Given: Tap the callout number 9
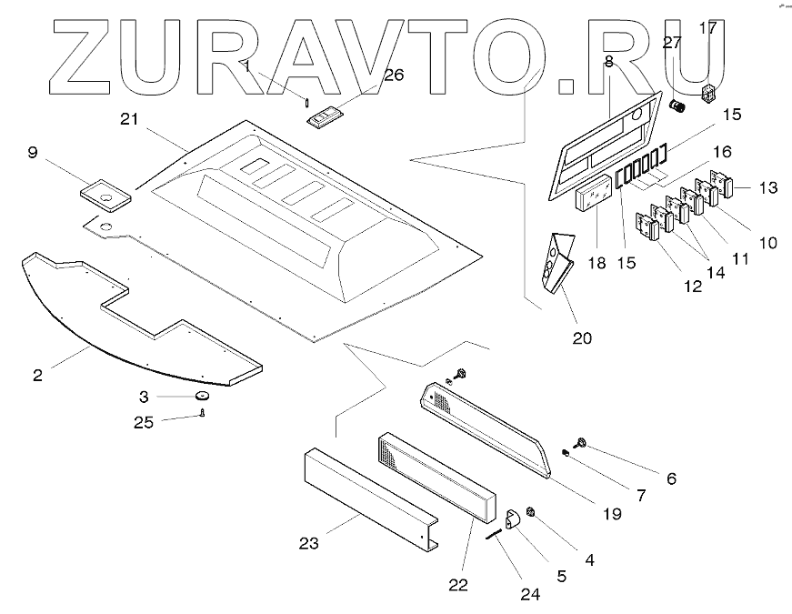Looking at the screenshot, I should (x=32, y=154).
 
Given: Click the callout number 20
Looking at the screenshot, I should (x=582, y=338).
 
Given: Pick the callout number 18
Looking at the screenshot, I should (x=596, y=262).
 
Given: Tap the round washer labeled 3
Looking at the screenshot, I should (x=201, y=397).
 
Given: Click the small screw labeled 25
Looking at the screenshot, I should (x=203, y=415).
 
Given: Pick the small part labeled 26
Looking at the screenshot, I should (x=325, y=118).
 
